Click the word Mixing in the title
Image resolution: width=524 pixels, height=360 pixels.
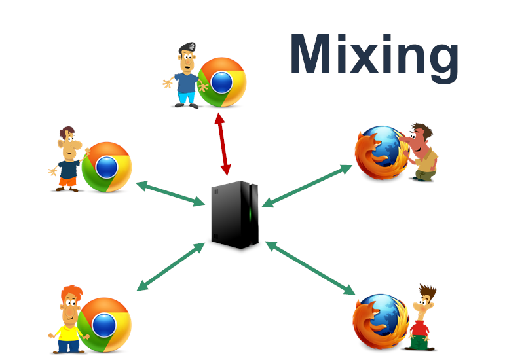click(374, 58)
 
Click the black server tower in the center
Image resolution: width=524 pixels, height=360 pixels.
click(234, 215)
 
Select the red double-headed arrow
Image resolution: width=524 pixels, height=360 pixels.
click(223, 144)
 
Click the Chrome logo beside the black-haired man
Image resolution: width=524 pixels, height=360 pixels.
click(222, 82)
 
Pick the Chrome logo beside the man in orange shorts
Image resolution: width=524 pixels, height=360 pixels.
click(107, 167)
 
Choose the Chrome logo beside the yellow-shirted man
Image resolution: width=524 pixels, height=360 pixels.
click(104, 325)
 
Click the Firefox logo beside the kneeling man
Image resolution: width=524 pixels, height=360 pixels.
click(382, 153)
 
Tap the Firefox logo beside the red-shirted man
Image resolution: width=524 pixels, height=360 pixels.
click(381, 321)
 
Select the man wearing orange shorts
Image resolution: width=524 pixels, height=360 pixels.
click(68, 159)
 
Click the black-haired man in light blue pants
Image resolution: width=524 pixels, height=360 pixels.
click(186, 75)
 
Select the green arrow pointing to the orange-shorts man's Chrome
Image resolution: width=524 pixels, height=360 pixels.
click(170, 193)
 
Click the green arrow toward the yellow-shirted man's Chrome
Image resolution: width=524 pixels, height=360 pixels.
click(171, 267)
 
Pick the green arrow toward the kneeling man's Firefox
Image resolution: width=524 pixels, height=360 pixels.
click(307, 186)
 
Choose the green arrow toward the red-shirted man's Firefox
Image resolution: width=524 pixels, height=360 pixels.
click(310, 268)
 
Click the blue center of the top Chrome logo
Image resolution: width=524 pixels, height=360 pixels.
click(221, 82)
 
